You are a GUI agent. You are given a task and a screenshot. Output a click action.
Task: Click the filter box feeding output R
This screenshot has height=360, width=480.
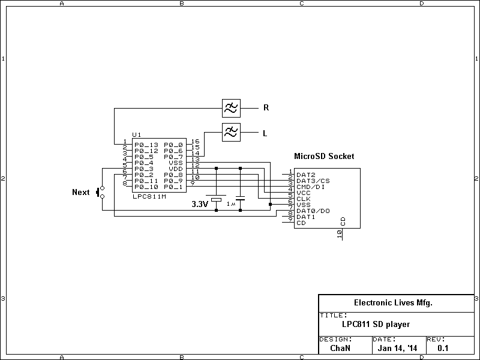[231, 108]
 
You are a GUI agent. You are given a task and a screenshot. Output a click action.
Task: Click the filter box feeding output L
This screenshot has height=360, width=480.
[231, 132]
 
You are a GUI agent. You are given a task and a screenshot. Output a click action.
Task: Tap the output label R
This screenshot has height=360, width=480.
[266, 109]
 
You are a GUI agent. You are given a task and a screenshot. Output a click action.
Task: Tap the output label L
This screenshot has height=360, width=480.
[265, 133]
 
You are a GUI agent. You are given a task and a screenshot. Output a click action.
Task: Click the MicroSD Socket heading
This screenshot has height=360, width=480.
[323, 156]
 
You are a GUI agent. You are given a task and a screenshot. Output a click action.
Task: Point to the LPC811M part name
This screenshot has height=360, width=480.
[149, 196]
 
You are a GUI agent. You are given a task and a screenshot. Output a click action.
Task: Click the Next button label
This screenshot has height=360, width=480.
[80, 193]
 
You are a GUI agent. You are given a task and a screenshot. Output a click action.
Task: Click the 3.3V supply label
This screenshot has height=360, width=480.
[199, 205]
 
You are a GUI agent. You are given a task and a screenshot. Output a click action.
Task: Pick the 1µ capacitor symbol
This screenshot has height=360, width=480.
[240, 197]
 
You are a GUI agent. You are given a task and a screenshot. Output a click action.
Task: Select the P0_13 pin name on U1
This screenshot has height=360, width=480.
[146, 145]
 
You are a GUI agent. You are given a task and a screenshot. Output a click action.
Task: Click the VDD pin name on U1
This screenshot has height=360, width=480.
[175, 169]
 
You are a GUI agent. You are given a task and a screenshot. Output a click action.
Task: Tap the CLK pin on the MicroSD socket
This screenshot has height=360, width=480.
[303, 199]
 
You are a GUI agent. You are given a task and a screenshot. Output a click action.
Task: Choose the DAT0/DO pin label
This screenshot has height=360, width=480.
[313, 211]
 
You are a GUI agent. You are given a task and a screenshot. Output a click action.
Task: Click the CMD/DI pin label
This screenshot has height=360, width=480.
[311, 187]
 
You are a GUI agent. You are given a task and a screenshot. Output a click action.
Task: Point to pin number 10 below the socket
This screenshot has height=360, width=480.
[340, 236]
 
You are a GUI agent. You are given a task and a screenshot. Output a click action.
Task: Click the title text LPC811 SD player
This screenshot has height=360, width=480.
[376, 325]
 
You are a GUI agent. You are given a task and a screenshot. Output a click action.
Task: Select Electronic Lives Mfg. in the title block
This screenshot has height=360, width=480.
[393, 303]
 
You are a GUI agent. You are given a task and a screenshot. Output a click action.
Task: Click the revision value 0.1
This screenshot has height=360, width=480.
[443, 348]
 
